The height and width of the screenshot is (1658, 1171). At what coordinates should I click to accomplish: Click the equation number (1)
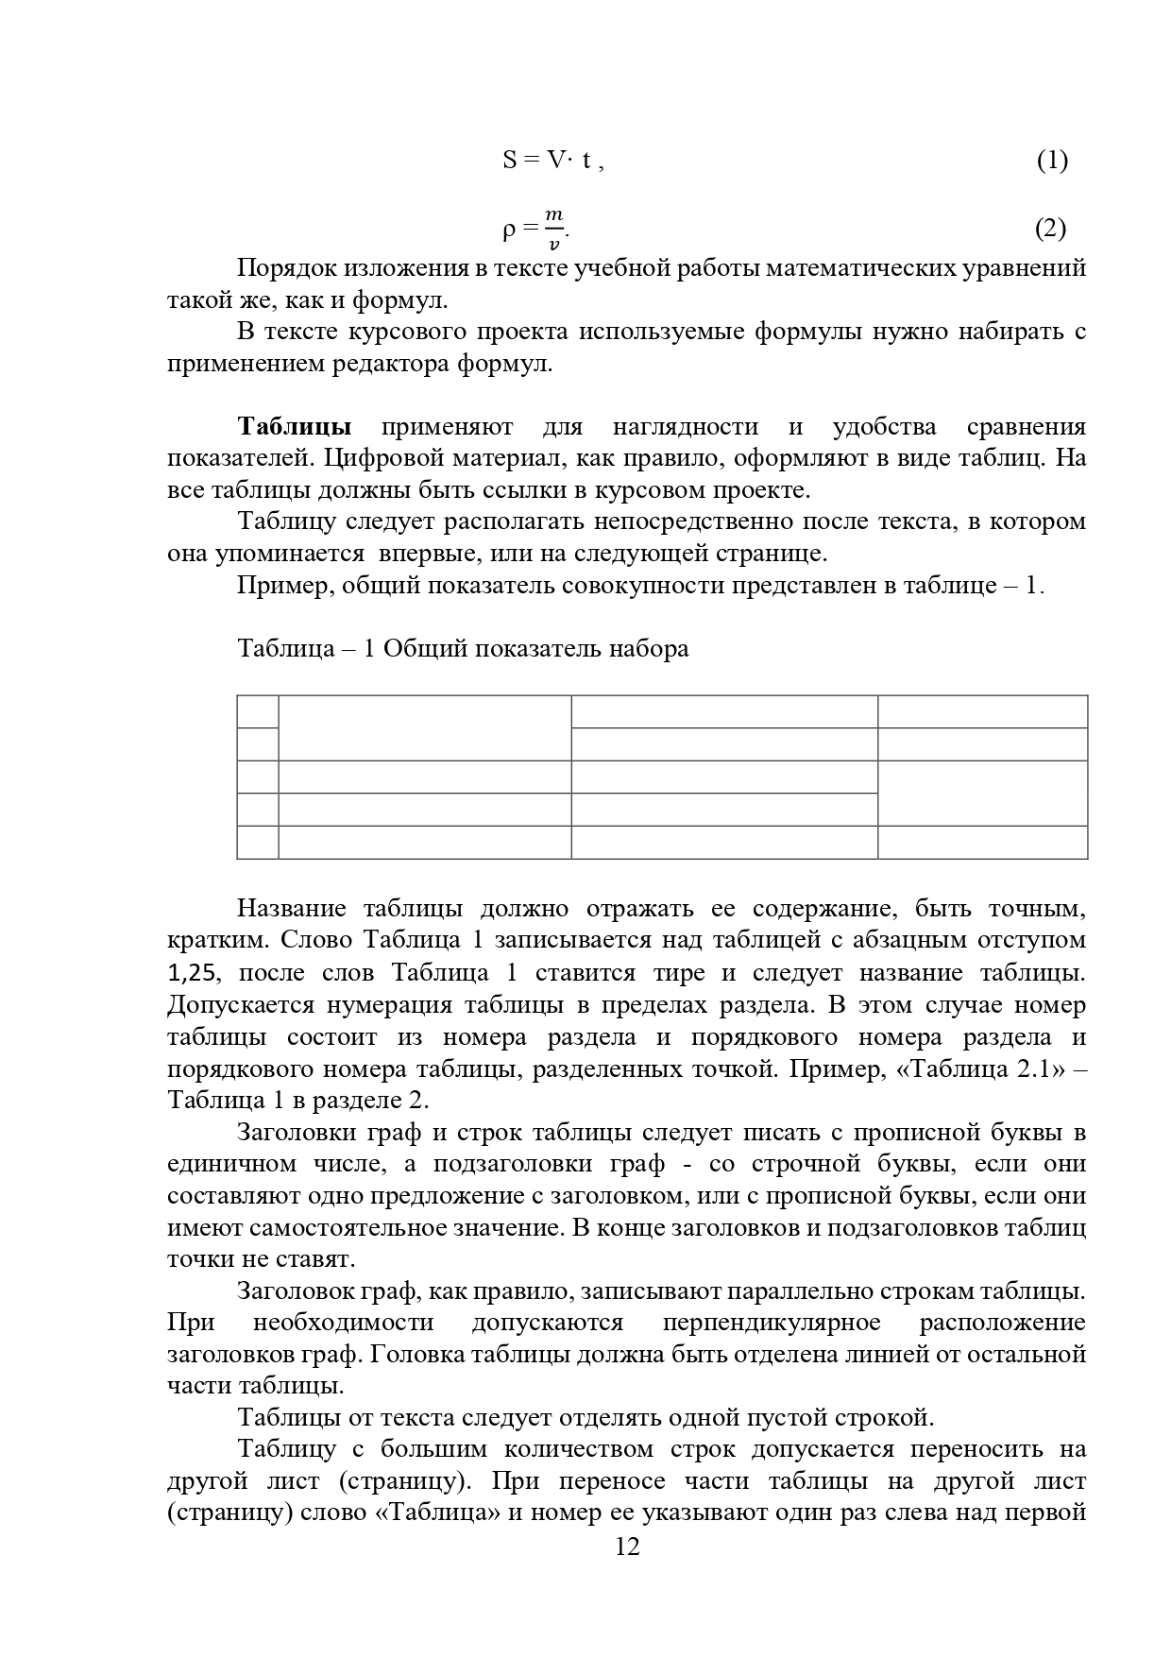[1052, 161]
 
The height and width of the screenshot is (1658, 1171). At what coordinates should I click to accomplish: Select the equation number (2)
[1050, 229]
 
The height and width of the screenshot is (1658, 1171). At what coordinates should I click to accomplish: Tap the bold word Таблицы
[295, 426]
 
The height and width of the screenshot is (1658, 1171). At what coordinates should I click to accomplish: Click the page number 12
[627, 1573]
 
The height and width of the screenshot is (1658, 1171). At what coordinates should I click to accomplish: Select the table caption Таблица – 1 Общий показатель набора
[463, 649]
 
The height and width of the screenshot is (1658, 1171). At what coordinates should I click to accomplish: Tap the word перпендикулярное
[772, 1322]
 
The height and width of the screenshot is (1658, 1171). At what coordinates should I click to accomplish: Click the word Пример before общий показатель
[280, 586]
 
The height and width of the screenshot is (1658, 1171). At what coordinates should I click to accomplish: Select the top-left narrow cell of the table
[258, 711]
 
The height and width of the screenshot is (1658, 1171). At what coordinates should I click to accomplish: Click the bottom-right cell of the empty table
[982, 842]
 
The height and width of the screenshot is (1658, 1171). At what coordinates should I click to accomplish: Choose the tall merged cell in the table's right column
[982, 793]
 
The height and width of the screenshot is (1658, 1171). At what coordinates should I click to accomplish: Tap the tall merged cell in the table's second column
[425, 727]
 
